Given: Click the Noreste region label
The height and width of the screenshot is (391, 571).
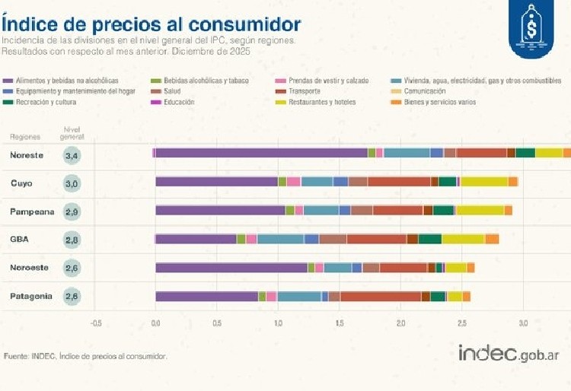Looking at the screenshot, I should tap(27, 156).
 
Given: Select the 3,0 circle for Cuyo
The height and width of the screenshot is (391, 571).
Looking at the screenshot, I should tap(72, 183).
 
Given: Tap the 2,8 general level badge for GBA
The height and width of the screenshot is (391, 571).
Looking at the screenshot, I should tap(72, 239).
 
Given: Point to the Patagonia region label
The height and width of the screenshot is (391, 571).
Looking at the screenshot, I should tap(31, 296).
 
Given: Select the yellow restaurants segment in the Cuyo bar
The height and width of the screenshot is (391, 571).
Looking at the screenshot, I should tap(484, 181).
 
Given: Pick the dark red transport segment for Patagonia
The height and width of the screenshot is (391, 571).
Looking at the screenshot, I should tap(381, 296).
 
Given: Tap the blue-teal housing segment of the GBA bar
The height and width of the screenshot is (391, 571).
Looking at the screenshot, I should tap(280, 239).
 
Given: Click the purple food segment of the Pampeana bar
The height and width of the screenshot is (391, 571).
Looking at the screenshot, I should tap(221, 210).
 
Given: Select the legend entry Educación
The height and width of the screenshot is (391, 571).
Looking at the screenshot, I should tap(180, 102).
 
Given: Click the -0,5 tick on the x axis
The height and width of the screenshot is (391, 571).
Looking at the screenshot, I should tap(95, 323).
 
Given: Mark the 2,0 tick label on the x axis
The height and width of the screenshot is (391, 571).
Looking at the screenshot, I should tap(401, 323).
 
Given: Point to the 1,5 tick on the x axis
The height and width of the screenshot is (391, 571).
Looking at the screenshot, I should tap(340, 323).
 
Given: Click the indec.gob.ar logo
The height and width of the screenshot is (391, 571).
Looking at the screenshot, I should tap(509, 354).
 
